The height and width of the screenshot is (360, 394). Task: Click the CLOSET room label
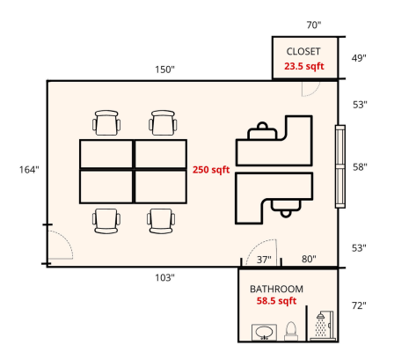(303, 52)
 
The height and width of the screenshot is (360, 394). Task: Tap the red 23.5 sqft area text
(304, 66)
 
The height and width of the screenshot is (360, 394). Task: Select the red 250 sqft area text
(211, 170)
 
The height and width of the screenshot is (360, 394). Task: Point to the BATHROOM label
(276, 290)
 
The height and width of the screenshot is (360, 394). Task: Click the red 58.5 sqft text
(276, 301)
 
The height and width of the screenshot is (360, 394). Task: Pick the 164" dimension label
(29, 170)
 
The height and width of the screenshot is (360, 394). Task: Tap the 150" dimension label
(164, 70)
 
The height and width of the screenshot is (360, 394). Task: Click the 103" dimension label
(164, 277)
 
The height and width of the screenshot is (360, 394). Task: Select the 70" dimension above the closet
(314, 26)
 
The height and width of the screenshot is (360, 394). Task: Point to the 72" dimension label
(359, 305)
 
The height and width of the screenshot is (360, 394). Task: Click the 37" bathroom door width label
(264, 260)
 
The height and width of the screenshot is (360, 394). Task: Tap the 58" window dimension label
(360, 167)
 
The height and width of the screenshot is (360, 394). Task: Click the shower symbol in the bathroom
(323, 326)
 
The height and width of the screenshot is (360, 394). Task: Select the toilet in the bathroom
(291, 332)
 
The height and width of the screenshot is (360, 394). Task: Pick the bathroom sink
(264, 333)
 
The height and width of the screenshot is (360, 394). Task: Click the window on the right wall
(340, 166)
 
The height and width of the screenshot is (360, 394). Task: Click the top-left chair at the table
(106, 122)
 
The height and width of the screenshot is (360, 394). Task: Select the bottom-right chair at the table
(161, 221)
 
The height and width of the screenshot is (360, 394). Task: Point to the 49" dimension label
(359, 58)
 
